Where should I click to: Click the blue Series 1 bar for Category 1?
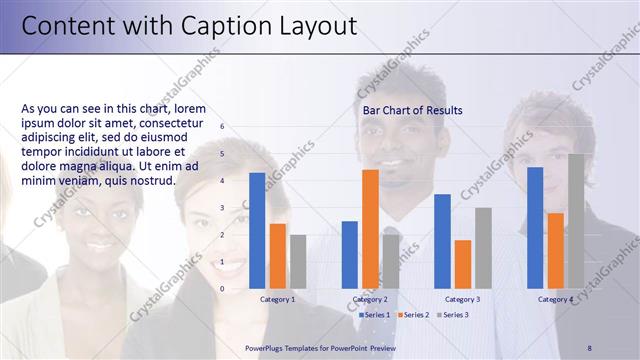tap(257, 230)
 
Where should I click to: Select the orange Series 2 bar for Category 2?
tap(370, 228)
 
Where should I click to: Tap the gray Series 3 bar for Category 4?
tap(576, 220)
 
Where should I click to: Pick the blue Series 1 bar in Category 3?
tap(442, 240)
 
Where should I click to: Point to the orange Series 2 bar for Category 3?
tap(463, 263)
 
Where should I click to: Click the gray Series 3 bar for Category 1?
tap(298, 261)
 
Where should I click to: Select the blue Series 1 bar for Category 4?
tap(535, 227)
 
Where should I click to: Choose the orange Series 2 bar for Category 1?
tap(278, 255)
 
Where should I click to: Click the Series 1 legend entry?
tap(373, 315)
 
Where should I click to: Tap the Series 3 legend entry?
tap(451, 315)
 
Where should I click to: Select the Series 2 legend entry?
tap(412, 315)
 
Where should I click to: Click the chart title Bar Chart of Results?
tap(412, 110)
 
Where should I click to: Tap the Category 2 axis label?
tap(370, 299)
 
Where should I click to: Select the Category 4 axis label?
tap(555, 299)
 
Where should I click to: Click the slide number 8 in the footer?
tap(589, 347)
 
